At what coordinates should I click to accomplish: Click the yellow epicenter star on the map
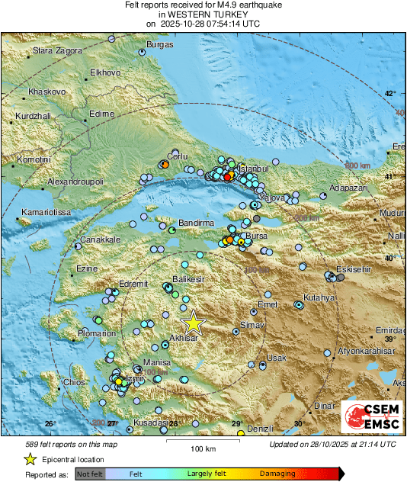click(x=193, y=323)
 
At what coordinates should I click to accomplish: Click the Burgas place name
click(x=160, y=45)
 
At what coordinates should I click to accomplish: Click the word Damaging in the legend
click(x=278, y=474)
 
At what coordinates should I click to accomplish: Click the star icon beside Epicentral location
click(x=30, y=459)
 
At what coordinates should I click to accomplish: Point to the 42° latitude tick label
click(x=389, y=94)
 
